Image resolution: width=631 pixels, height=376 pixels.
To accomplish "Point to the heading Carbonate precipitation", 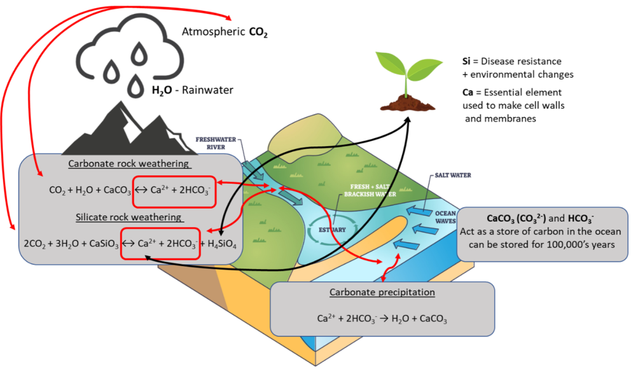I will coord(382,293).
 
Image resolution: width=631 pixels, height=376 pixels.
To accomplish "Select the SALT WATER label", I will coord(453,175).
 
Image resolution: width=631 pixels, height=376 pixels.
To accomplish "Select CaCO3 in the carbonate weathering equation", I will coord(115,190).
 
